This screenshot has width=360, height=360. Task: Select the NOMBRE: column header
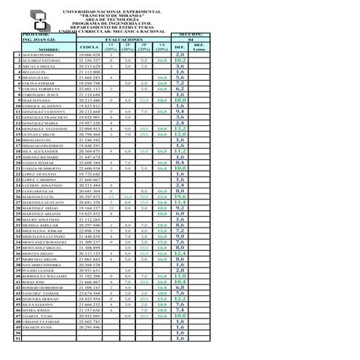click(41, 49)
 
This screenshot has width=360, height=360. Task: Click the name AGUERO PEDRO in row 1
click(38, 55)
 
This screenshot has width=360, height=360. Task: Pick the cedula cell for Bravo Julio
click(89, 78)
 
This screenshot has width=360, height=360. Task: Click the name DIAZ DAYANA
click(36, 100)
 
